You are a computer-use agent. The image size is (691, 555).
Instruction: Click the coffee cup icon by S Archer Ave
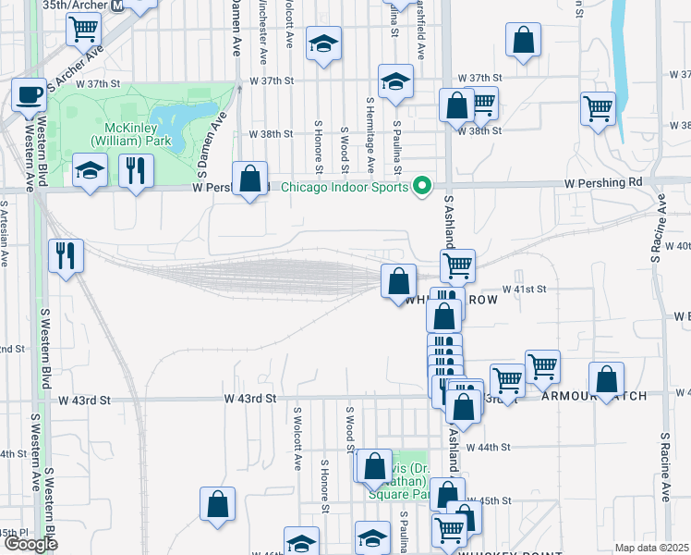tap(29, 94)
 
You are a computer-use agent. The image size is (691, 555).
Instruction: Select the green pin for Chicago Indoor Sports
tap(423, 187)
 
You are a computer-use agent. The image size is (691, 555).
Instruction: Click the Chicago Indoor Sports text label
tap(345, 188)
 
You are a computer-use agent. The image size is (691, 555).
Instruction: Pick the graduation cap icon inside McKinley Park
tap(91, 169)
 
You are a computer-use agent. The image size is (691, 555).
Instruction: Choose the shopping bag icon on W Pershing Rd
tap(250, 178)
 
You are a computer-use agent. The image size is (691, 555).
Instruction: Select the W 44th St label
tap(488, 447)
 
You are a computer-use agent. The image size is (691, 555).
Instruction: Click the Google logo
tap(30, 544)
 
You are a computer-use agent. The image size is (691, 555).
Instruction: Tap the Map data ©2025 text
tap(652, 548)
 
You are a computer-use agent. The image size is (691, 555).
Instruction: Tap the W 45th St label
tap(494, 500)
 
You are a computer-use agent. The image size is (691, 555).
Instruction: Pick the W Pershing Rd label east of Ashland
tap(607, 182)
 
